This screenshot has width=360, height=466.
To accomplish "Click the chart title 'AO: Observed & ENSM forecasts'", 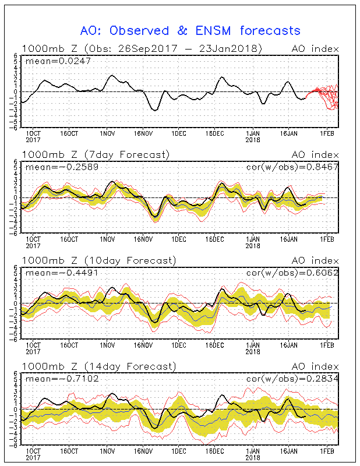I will tap(190, 31).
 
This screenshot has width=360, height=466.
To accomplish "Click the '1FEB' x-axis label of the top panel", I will tap(327, 133).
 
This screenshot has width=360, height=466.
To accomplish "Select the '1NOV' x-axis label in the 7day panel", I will tap(107, 239).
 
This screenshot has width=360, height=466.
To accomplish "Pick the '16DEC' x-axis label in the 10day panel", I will tap(216, 345).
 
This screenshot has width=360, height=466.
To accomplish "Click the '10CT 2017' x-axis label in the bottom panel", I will tap(32, 455).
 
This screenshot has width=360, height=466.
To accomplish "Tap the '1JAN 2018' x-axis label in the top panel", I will tap(253, 136).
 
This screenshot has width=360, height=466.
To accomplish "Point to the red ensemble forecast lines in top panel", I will tap(326, 96).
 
